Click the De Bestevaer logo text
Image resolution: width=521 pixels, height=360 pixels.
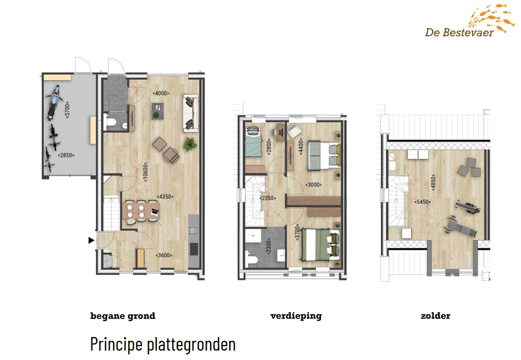tap(459, 32)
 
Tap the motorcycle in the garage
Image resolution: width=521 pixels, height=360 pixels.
tap(53, 102)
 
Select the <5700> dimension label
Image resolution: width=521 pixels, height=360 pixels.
tap(67, 110)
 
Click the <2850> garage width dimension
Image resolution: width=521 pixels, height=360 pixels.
tap(66, 155)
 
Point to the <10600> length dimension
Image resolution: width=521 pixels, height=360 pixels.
tap(145, 172)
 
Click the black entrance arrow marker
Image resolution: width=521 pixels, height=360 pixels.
tap(91, 240)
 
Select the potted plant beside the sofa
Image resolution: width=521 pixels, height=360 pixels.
tap(190, 144)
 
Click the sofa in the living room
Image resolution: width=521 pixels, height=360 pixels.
tap(191, 113)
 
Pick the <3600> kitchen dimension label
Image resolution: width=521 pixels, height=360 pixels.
tap(164, 255)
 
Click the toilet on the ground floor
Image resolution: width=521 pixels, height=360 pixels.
tap(109, 122)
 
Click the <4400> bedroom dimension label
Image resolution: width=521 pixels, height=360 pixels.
tap(301, 147)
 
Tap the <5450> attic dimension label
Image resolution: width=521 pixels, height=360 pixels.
tap(422, 202)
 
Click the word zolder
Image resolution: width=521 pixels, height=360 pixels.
tap(435, 316)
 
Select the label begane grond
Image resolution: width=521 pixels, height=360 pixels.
tap(123, 316)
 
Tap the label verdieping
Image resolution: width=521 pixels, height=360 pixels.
tap(296, 316)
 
